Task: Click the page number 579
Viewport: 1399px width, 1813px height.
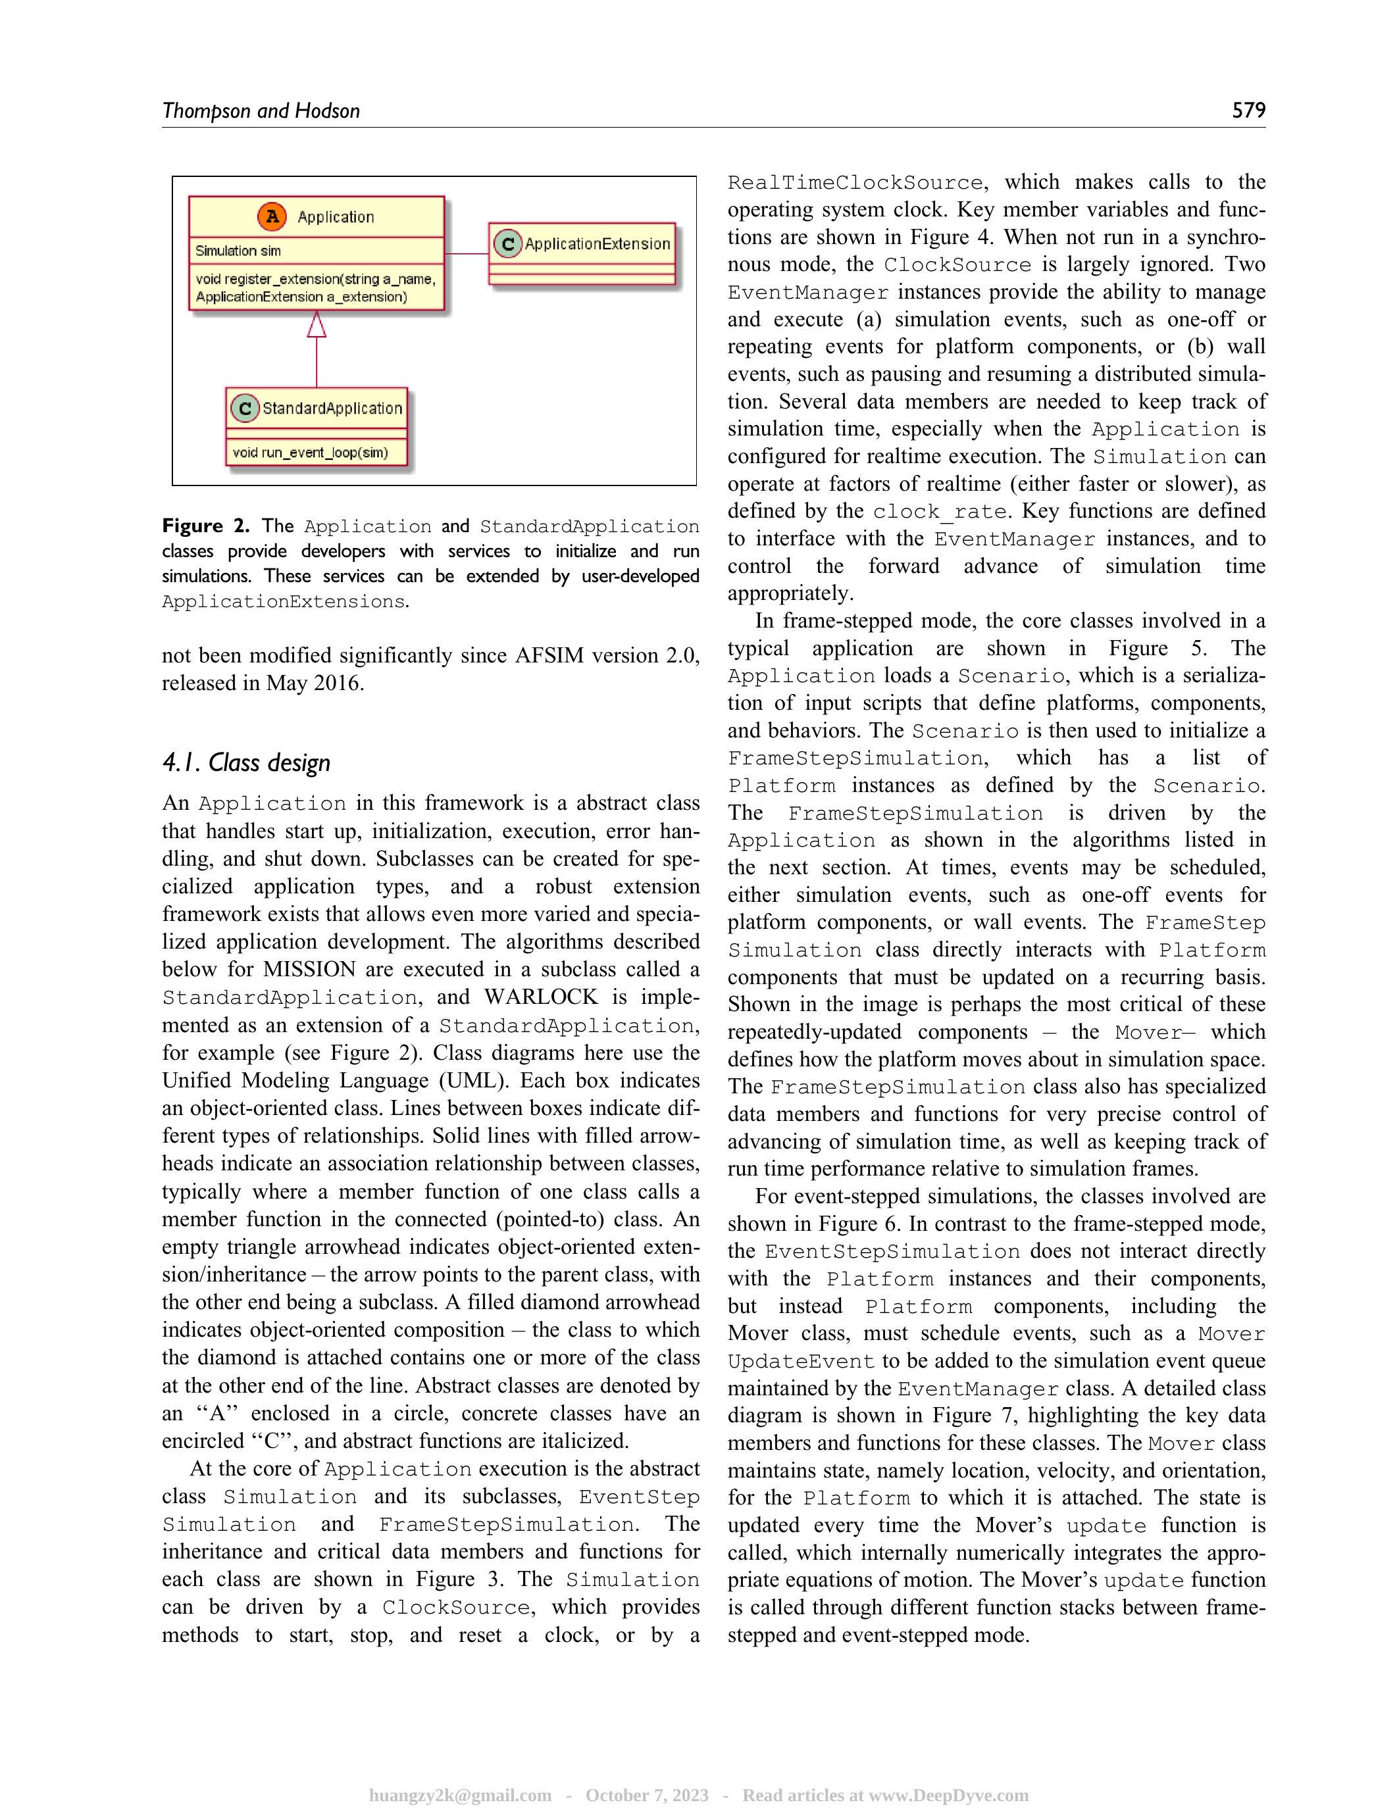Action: tap(1248, 111)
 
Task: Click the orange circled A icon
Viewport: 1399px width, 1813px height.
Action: tap(272, 216)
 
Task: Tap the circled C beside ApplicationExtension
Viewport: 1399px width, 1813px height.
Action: tap(507, 244)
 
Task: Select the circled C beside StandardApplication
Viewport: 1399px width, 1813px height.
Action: tap(244, 409)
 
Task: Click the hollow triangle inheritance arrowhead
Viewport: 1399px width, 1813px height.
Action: tap(317, 324)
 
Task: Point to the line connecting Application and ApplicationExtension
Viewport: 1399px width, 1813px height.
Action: tap(467, 253)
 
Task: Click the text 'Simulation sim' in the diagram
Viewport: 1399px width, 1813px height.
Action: tap(238, 251)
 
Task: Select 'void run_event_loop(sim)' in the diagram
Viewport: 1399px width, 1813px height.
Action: tap(310, 453)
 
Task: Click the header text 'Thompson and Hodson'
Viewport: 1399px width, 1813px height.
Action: tap(261, 111)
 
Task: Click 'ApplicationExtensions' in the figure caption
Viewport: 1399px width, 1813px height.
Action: tap(283, 602)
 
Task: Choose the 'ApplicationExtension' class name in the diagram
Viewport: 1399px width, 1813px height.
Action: tap(597, 244)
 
